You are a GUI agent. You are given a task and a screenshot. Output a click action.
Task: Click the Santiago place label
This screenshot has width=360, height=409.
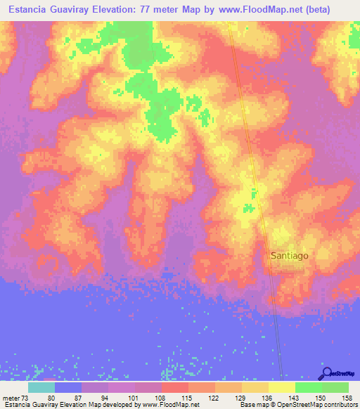click(x=289, y=256)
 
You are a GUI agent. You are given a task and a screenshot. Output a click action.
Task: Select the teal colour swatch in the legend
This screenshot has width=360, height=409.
click(x=41, y=388)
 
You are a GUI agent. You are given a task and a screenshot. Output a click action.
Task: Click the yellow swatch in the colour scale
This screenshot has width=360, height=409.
click(x=282, y=388)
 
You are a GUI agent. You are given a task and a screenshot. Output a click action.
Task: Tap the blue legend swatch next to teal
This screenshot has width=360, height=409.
click(x=68, y=388)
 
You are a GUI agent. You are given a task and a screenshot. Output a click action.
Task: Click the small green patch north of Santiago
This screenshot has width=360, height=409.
click(x=247, y=208)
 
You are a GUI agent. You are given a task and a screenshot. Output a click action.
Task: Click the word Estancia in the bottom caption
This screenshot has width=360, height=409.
click(x=17, y=404)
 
